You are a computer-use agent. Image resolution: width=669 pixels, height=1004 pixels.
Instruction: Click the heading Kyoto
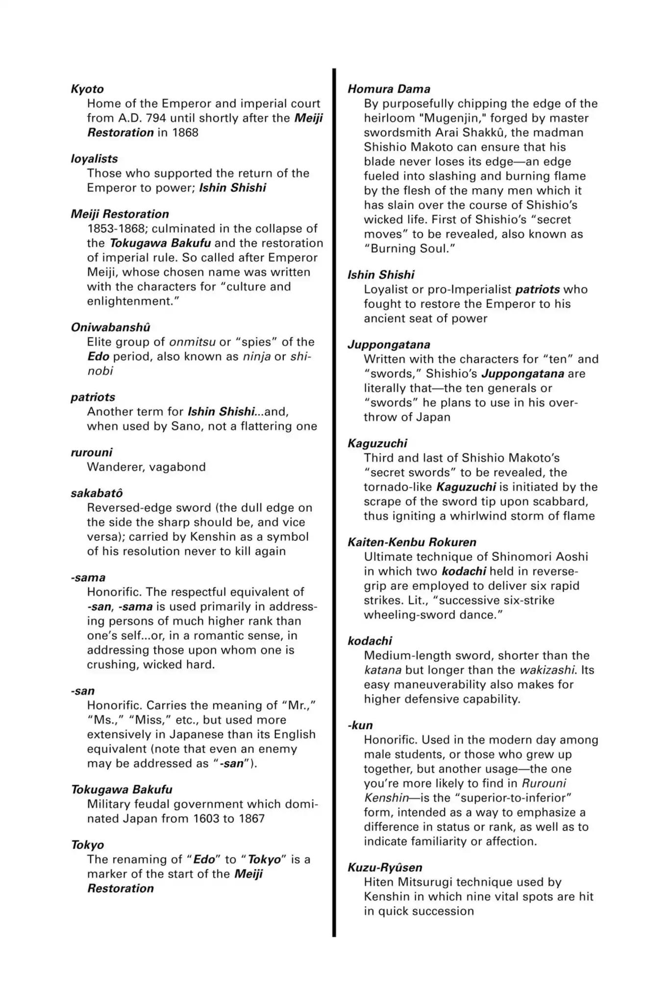[87, 89]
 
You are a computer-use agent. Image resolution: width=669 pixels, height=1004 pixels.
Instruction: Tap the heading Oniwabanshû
[110, 327]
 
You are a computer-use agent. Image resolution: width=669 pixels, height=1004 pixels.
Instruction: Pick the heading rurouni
[91, 452]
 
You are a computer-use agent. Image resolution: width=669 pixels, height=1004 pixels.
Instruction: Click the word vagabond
[177, 467]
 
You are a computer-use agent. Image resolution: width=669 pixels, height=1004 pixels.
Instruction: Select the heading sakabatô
[97, 493]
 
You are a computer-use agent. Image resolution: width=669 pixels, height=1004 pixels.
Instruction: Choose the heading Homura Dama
[389, 89]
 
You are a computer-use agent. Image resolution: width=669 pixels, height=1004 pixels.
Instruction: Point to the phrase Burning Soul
[410, 249]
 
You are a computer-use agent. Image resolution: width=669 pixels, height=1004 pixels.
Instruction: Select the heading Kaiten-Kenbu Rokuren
[412, 542]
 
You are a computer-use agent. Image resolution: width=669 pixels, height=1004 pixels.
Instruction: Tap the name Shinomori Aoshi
[540, 557]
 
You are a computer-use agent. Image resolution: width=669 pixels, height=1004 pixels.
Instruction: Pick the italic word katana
[382, 670]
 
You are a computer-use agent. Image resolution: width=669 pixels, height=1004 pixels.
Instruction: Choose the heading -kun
[360, 726]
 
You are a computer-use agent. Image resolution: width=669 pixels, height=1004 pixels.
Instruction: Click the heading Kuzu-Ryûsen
[385, 868]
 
